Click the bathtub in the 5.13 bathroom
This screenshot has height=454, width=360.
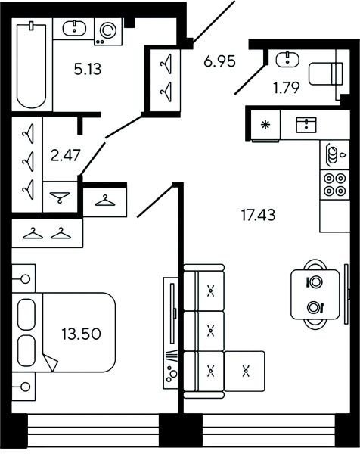(x=32, y=66)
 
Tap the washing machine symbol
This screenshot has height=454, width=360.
(x=108, y=32)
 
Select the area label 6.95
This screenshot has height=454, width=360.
(x=219, y=61)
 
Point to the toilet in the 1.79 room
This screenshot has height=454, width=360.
(x=325, y=73)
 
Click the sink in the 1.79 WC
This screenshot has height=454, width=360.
(x=287, y=60)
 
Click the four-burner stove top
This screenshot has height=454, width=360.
(x=334, y=185)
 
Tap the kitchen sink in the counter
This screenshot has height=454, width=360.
(x=306, y=125)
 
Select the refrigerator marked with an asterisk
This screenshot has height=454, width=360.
(x=265, y=126)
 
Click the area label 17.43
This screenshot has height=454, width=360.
(x=258, y=216)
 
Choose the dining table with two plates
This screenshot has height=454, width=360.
(x=315, y=294)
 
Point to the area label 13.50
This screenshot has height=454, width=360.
(x=81, y=334)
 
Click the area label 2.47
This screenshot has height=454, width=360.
(x=65, y=155)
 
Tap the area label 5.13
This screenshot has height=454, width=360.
(x=88, y=70)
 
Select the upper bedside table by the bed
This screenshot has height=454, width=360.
(x=23, y=278)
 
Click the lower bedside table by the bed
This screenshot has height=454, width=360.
(x=23, y=387)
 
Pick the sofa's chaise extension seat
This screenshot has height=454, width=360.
(x=244, y=371)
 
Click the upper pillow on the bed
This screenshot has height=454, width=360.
(x=26, y=315)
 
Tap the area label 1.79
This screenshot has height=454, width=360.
(x=287, y=88)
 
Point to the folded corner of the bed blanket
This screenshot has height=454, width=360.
(x=51, y=362)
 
